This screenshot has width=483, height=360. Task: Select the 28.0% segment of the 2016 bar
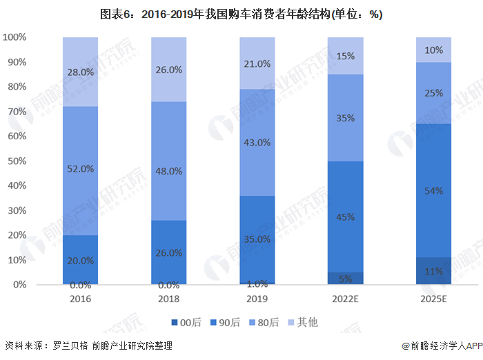tap(81, 72)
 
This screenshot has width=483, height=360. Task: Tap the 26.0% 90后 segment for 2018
tap(169, 252)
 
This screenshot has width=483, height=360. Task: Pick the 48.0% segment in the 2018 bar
tap(169, 161)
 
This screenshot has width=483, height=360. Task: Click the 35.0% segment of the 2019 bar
tap(257, 239)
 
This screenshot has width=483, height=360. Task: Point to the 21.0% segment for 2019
tap(257, 63)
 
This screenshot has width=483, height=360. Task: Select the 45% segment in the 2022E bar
tap(346, 217)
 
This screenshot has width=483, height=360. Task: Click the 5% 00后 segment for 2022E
tap(346, 279)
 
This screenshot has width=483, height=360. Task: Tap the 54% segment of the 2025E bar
tap(434, 190)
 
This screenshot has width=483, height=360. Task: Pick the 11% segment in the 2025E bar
tap(434, 271)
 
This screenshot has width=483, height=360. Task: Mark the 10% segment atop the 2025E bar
tap(434, 50)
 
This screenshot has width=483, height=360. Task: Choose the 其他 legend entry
tap(304, 322)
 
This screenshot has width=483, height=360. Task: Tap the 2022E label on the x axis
tap(346, 299)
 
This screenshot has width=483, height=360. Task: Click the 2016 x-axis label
tap(81, 299)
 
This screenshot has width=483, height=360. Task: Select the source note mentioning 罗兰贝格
tap(88, 346)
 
